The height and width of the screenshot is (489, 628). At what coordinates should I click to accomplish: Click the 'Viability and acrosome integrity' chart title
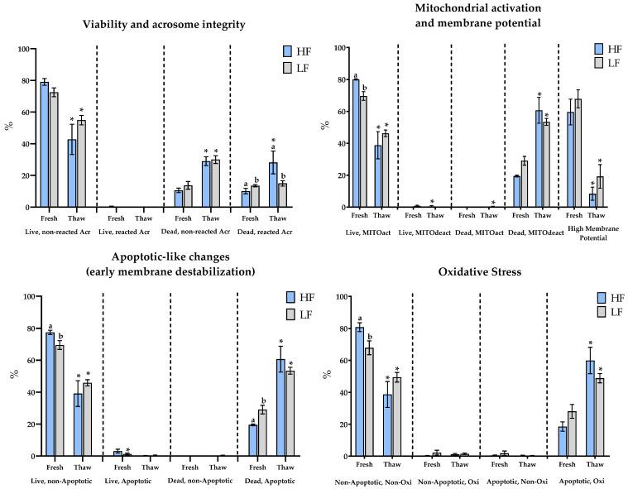pyautogui.click(x=164, y=25)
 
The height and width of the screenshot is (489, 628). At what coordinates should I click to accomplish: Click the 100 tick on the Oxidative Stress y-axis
pyautogui.click(x=326, y=296)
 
